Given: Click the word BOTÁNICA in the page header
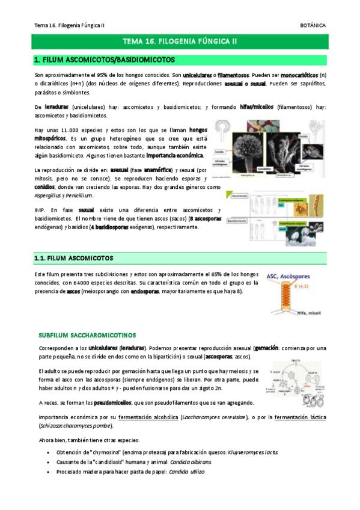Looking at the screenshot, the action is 313,25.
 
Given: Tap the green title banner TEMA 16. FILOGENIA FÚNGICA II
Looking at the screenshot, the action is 180,41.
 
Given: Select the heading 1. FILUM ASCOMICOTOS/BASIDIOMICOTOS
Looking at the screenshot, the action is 105,60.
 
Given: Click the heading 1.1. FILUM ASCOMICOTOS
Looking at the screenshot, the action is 74,259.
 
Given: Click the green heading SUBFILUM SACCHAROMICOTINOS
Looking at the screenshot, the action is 87,335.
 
